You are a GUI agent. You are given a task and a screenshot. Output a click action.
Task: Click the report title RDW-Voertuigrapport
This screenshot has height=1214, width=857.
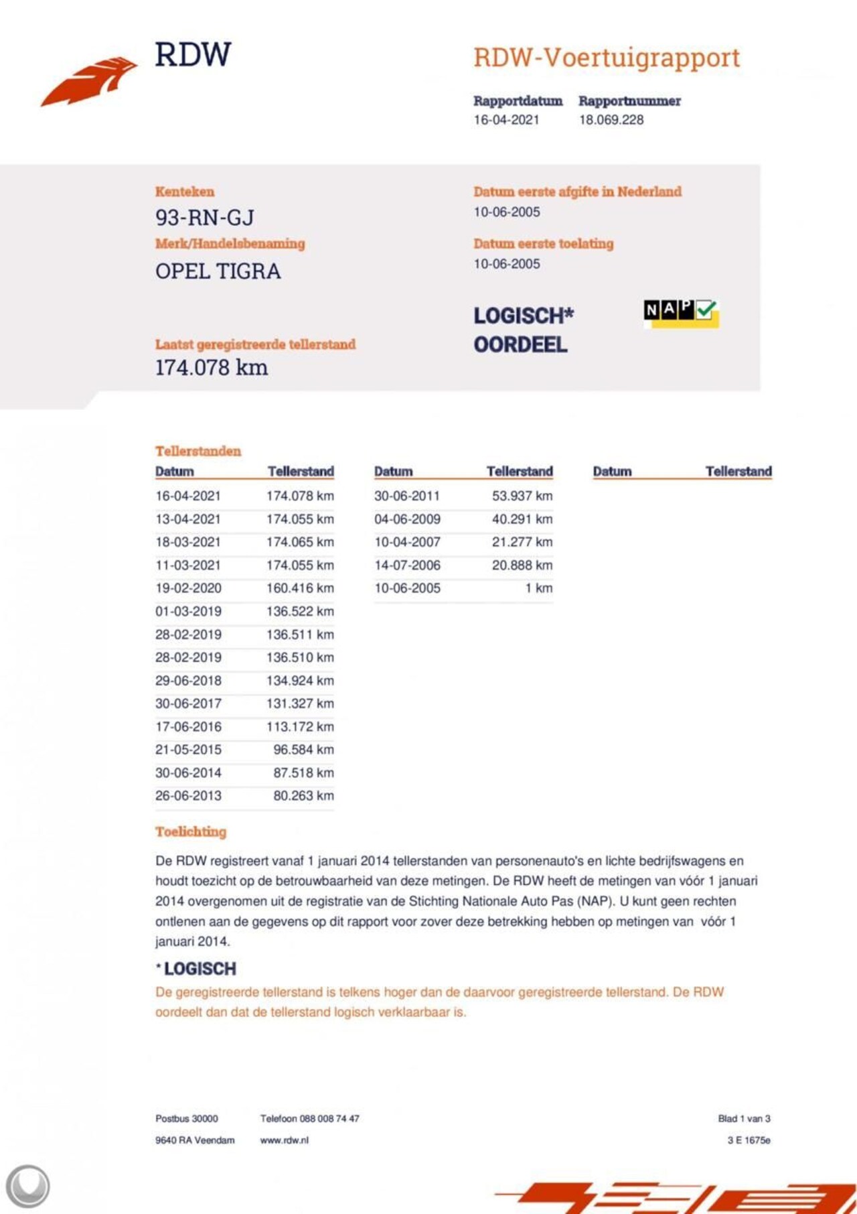click(x=607, y=58)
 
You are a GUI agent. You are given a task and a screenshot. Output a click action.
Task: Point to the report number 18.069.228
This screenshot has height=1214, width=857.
click(x=611, y=120)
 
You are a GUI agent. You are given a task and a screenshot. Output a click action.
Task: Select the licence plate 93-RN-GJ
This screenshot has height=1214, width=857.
click(x=205, y=218)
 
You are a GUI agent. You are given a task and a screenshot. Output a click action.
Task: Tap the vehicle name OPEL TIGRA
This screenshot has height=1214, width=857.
click(x=218, y=271)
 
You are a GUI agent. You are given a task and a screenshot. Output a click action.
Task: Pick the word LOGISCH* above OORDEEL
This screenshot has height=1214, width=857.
click(x=524, y=316)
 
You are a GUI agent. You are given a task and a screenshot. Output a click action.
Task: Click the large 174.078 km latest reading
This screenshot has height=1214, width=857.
click(x=212, y=368)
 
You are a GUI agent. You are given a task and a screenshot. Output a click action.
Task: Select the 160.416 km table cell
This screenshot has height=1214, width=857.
click(x=300, y=588)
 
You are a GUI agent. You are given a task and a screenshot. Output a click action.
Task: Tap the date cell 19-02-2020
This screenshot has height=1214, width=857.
click(x=188, y=588)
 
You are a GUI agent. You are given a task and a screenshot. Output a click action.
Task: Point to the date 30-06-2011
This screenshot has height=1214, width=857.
click(x=407, y=496)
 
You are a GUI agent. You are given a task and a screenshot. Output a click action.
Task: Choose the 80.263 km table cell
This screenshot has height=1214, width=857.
click(x=303, y=796)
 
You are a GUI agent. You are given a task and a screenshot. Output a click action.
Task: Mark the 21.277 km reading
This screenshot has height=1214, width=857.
click(x=522, y=542)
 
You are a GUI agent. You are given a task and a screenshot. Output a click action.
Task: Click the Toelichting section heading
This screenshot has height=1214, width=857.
click(x=191, y=832)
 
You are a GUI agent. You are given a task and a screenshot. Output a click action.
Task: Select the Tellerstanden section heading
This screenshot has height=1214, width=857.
click(x=198, y=451)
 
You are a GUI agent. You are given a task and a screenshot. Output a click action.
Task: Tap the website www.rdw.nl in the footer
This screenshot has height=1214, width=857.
click(x=285, y=1140)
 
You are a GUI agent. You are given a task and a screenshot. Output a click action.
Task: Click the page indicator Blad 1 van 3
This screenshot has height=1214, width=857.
click(x=744, y=1119)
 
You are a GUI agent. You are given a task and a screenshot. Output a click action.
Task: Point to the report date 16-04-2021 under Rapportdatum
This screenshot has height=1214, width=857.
click(x=506, y=120)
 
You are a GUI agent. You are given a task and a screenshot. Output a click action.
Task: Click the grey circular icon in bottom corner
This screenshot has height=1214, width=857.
click(x=27, y=1187)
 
